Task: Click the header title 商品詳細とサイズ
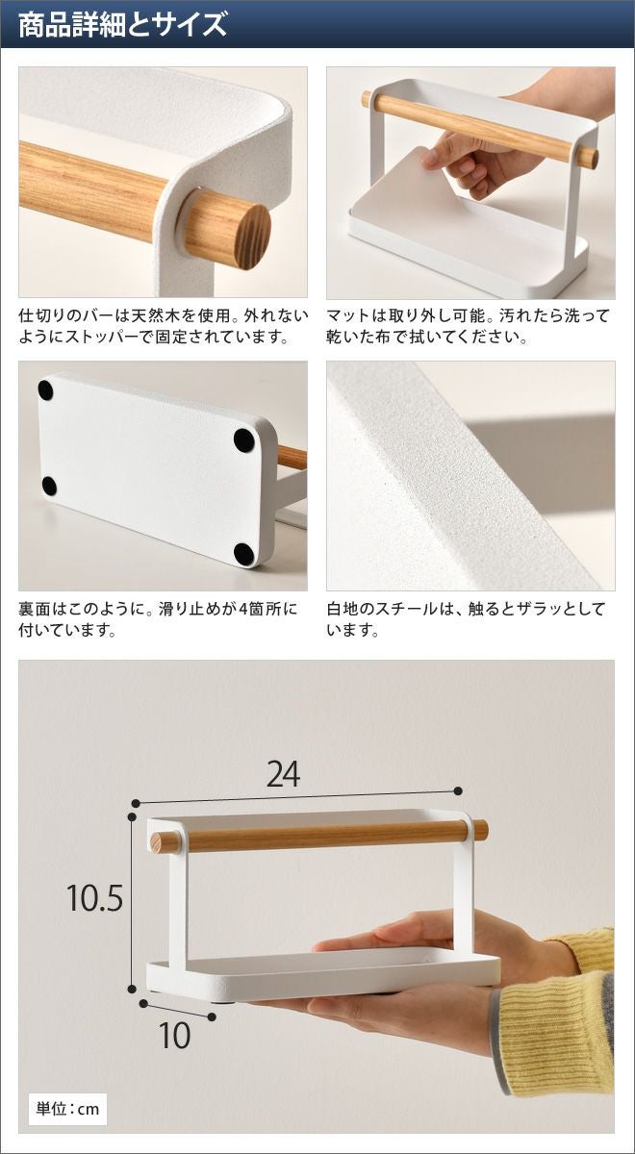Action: click(122, 25)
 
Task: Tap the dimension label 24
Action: click(283, 774)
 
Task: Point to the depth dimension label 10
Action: click(175, 1035)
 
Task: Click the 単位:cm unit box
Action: click(67, 1108)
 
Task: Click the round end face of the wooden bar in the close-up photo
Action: click(252, 237)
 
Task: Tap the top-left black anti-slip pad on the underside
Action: click(45, 390)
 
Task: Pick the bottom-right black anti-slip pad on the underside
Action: click(243, 553)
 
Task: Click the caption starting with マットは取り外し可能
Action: click(468, 326)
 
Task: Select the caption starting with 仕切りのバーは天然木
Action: click(163, 326)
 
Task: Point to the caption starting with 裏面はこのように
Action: click(158, 618)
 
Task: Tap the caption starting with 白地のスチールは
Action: click(466, 618)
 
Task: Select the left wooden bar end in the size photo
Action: click(165, 842)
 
